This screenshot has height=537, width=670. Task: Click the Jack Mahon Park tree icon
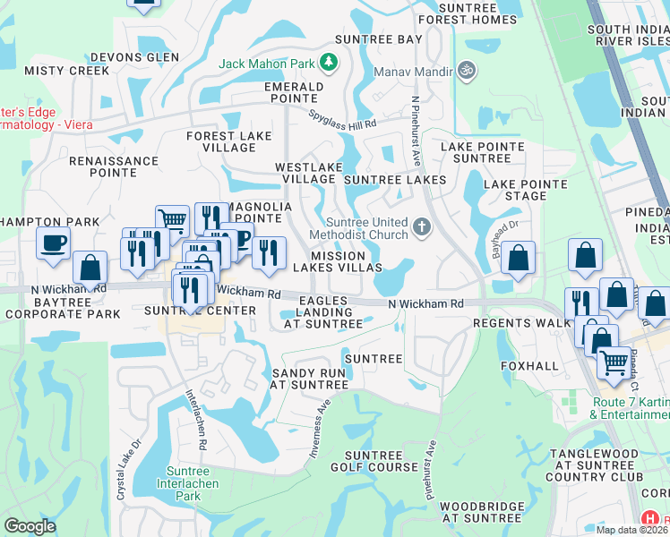pos(330,63)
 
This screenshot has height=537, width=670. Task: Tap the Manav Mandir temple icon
pos(465,69)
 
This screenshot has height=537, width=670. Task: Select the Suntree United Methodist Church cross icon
pos(421,227)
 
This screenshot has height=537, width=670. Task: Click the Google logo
pos(30,526)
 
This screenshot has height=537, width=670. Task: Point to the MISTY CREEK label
pos(54,70)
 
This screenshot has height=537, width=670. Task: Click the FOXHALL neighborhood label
pos(528,366)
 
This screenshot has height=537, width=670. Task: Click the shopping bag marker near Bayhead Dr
pos(519,260)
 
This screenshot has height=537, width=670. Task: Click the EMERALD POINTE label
pos(293,93)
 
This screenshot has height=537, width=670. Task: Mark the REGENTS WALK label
pos(521,322)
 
